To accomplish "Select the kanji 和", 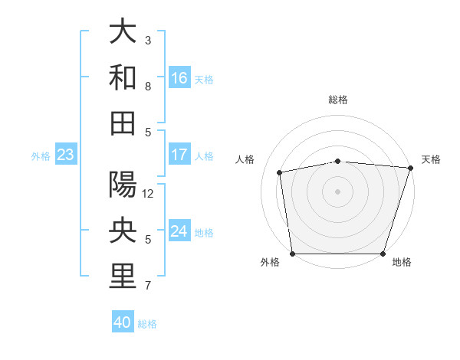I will pos(123,77).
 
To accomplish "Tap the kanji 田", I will pos(123,123).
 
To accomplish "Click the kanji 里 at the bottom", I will pos(123,277).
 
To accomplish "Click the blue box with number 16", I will pos(179,78).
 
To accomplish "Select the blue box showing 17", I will pos(179,155).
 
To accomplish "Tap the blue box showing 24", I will pos(179,232).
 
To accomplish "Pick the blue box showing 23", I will pos(65,155).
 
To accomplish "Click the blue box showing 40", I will pos(123,322).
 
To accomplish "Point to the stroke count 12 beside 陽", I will pos(148,194).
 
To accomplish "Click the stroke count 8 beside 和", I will pos(148,87).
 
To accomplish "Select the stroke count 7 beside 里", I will pos(148,286).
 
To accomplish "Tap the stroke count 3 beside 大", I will pos(148,40).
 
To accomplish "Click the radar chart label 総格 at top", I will pos(337,100).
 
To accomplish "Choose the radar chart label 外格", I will pos(270,262).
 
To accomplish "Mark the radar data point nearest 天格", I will pos(410,168).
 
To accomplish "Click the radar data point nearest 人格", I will pos(280,172).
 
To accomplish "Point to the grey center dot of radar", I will pos(337,191).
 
